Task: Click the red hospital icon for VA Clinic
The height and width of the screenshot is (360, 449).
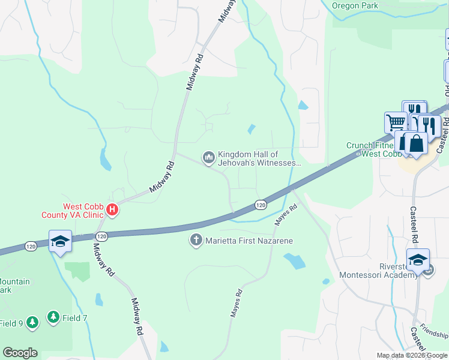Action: pyautogui.click(x=112, y=209)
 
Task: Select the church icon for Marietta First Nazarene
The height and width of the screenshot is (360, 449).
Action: pyautogui.click(x=196, y=241)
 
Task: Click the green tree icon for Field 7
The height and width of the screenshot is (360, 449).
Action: pyautogui.click(x=53, y=316)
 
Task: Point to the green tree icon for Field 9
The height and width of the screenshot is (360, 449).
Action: pyautogui.click(x=32, y=323)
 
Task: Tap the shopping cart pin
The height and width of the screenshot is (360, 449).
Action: pyautogui.click(x=396, y=122)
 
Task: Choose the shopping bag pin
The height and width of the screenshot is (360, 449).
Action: pyautogui.click(x=415, y=144)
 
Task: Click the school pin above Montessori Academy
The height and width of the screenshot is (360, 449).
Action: pyautogui.click(x=417, y=259)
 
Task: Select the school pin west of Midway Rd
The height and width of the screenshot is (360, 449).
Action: pyautogui.click(x=60, y=241)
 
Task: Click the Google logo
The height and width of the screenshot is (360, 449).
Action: pyautogui.click(x=20, y=353)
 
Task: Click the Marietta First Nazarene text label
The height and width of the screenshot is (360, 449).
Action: pyautogui.click(x=249, y=241)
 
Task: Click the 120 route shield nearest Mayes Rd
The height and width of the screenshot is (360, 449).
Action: pyautogui.click(x=260, y=205)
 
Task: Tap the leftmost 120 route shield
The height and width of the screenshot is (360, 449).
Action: pyautogui.click(x=32, y=246)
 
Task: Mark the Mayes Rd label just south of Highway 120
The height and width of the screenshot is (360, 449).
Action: pyautogui.click(x=286, y=216)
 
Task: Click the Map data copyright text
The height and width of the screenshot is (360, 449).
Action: pyautogui.click(x=412, y=355)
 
